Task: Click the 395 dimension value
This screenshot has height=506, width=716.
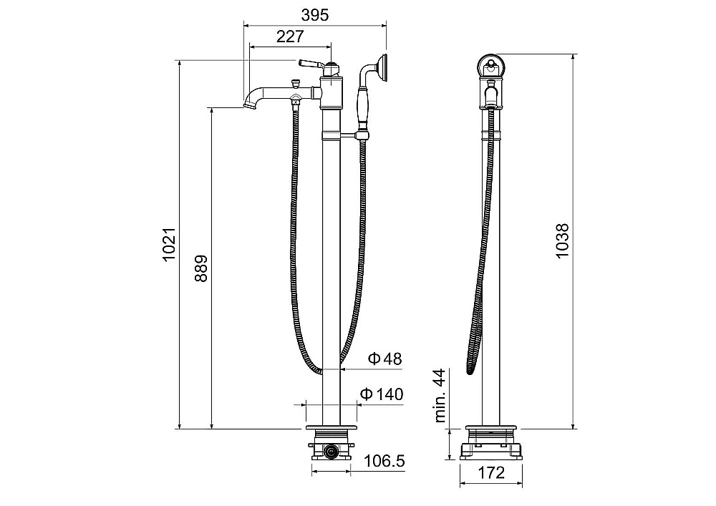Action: point(314,15)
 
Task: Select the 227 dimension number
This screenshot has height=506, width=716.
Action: point(290,37)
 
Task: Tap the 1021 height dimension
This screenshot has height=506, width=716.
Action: point(170,244)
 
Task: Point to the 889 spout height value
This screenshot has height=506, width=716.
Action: point(201,268)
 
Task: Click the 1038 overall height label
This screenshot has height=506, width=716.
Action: point(562,241)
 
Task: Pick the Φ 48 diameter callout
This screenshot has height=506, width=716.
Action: point(385,359)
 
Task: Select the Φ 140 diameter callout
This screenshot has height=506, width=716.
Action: point(382,394)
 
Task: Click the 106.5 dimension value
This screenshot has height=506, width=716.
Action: point(384,461)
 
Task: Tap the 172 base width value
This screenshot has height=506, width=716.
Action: point(491,472)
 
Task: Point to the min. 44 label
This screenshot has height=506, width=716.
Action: point(440,395)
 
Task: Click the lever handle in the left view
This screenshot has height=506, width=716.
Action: point(311,63)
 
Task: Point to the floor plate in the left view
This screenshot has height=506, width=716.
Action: point(331,427)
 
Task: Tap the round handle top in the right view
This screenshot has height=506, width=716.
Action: point(491,67)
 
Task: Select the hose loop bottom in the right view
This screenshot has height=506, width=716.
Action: point(470,371)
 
